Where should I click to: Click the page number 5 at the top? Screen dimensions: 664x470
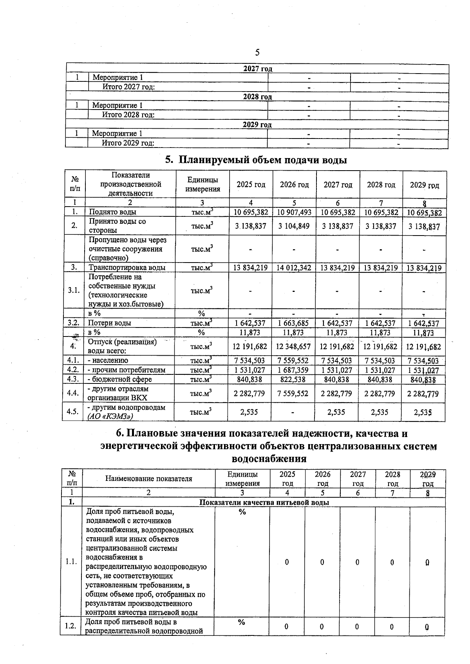tap(257, 52)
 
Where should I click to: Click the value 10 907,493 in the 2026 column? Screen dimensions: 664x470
tap(294, 212)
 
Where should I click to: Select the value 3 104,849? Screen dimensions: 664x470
tap(294, 226)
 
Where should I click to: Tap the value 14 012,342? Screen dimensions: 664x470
tap(294, 268)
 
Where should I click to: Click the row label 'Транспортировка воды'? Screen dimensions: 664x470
tap(127, 268)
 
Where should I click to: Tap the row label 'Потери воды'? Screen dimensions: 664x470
tap(109, 323)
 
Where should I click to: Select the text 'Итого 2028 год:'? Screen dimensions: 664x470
tap(128, 115)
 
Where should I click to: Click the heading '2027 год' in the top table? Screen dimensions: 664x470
tap(257, 69)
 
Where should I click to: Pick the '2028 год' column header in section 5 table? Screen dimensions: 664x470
tap(381, 185)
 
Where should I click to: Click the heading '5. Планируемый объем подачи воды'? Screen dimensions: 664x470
tap(256, 160)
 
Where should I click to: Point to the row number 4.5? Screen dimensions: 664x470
tap(73, 412)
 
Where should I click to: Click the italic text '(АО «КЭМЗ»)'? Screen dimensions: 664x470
tap(110, 416)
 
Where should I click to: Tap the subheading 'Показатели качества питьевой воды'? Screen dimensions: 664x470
tap(264, 502)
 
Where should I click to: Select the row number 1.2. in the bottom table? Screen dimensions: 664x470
tap(70, 626)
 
